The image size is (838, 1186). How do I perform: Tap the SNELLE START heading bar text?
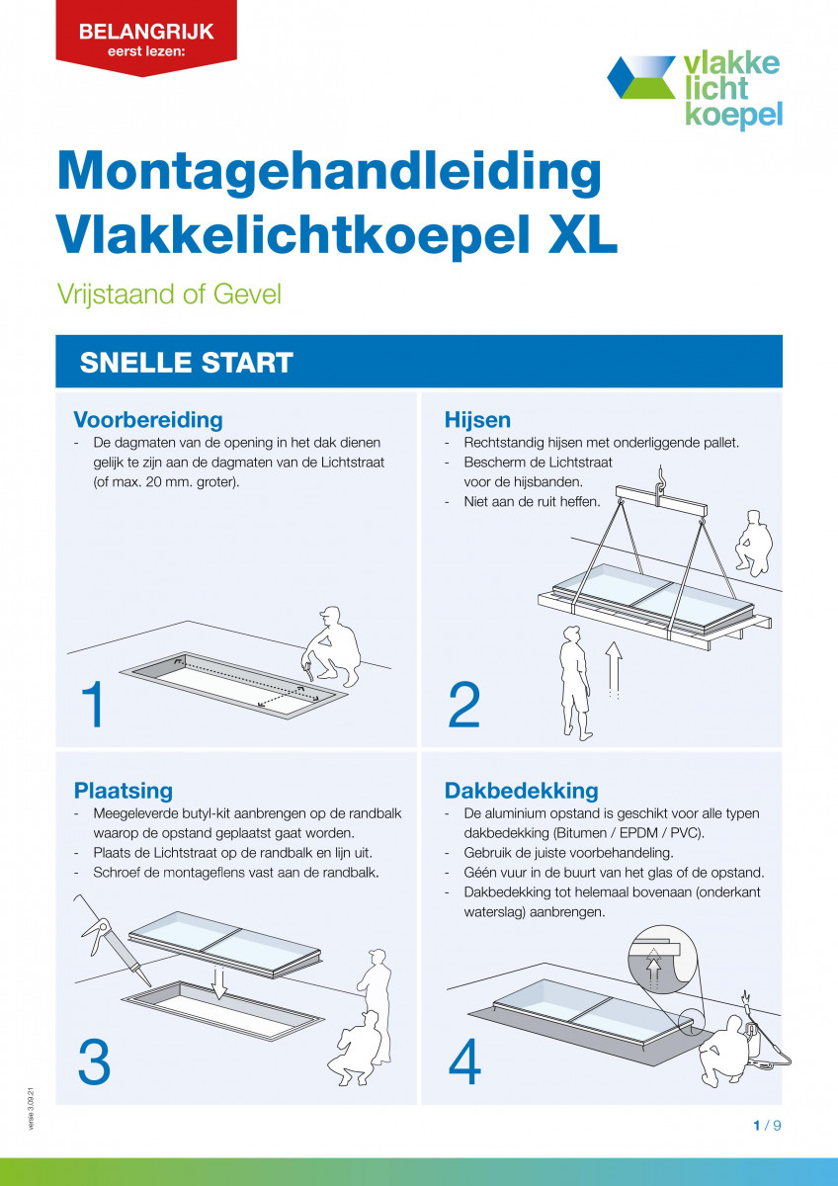(186, 362)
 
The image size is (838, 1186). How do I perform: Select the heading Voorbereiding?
(148, 420)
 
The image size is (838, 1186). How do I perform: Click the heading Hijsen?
(477, 420)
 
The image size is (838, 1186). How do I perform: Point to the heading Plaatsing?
(124, 790)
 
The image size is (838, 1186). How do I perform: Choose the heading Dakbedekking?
(521, 790)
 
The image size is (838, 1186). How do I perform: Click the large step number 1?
(93, 705)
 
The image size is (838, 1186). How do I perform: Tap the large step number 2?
(464, 705)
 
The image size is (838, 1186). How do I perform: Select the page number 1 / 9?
(767, 1126)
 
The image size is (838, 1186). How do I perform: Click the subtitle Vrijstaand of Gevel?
(169, 295)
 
